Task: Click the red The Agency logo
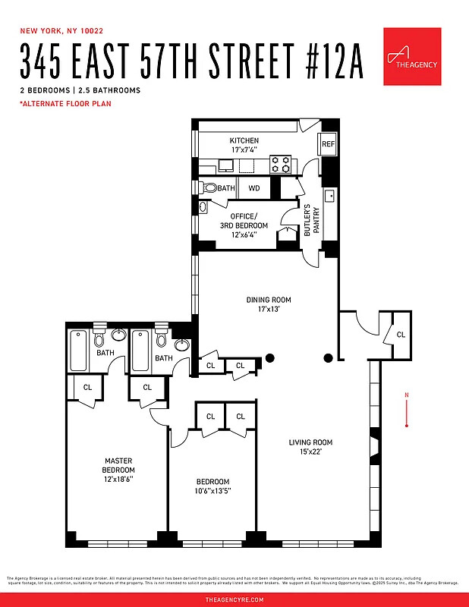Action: pos(411,57)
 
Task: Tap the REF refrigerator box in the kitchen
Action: pos(328,144)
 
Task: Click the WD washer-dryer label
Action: pos(254,187)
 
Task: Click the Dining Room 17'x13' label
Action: pos(269,304)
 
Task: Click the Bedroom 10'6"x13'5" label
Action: pos(212,486)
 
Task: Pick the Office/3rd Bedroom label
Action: pos(249,225)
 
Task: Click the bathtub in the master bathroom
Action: pos(79,351)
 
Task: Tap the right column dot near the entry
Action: pos(329,358)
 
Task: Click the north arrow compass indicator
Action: pos(408,410)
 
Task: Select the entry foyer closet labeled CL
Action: pos(401,334)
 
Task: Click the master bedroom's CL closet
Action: pos(87,387)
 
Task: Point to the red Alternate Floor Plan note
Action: pos(65,103)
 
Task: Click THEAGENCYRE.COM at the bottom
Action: pos(234,599)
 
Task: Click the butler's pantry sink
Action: pos(330,197)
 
